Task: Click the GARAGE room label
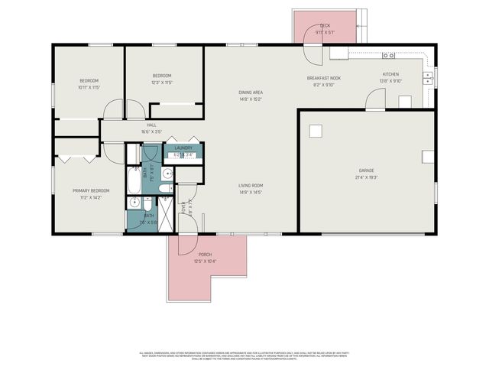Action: (367, 170)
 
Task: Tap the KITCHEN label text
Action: (391, 74)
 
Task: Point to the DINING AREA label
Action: (251, 92)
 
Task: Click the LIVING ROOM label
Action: (251, 185)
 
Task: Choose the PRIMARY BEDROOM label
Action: (91, 190)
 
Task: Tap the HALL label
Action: (152, 125)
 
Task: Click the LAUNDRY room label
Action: (183, 148)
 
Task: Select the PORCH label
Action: (205, 255)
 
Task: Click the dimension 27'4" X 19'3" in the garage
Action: (367, 177)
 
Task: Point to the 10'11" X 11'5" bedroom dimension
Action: (89, 87)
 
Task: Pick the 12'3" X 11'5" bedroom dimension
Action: (162, 82)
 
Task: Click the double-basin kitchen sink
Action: (428, 76)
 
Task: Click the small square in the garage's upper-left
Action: (316, 131)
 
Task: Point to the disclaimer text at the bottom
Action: (244, 356)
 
